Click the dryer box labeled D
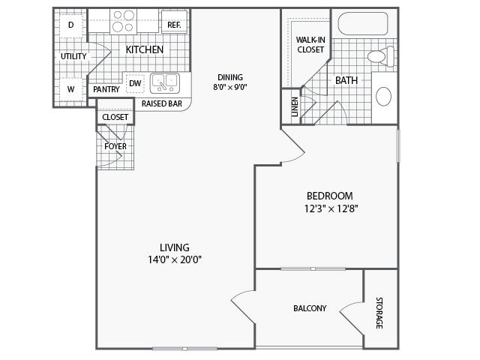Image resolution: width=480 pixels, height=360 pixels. pos(70,25)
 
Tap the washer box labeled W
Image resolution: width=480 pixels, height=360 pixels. pos(70,89)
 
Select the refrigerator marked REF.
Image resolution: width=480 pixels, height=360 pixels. pos(174,25)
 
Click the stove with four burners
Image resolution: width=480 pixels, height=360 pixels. pos(123,21)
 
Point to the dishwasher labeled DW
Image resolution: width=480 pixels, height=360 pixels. pos(135,83)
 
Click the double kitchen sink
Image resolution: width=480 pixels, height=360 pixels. pos(164,82)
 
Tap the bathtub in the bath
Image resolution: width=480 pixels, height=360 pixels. pos(362,24)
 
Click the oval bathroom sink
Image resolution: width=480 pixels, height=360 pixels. pos(383,96)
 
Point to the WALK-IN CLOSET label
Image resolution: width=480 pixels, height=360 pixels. pos(310,44)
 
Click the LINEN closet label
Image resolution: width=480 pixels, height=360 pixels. pos(295,106)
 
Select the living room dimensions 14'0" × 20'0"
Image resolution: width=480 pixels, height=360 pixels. pos(175,260)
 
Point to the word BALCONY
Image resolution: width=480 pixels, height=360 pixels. pos(309,308)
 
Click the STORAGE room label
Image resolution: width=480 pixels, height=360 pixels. pos(379,313)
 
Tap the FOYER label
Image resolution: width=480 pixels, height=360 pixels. pos(115,146)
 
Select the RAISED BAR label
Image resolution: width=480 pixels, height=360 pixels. pos(160,104)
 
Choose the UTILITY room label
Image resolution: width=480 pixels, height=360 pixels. pos(73,56)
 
